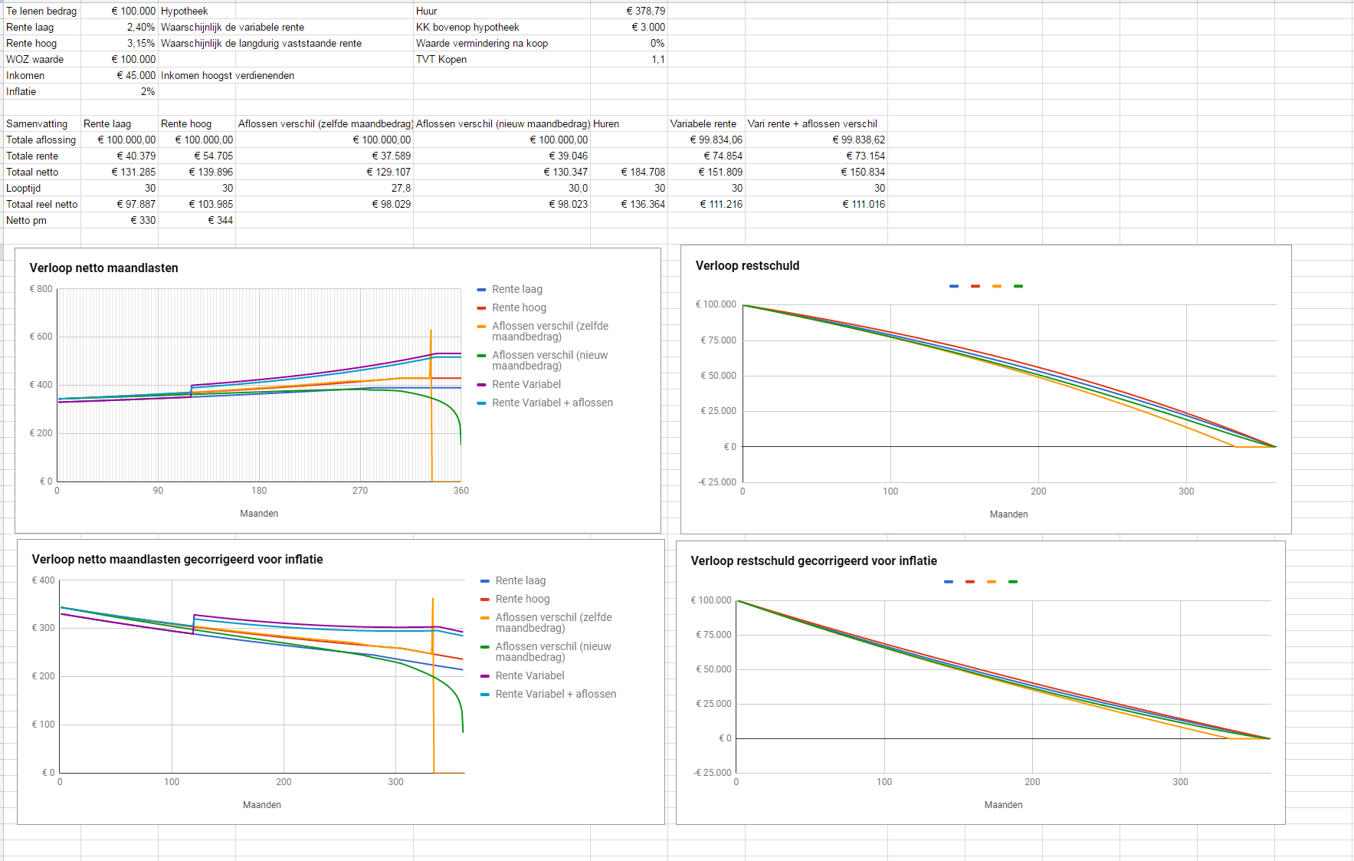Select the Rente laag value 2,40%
click(140, 27)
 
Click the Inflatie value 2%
click(147, 91)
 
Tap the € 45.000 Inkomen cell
click(136, 75)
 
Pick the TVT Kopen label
click(441, 59)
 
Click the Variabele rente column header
click(703, 123)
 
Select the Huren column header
click(606, 123)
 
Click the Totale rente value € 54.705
click(213, 156)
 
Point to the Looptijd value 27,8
click(401, 188)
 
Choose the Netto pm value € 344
click(220, 220)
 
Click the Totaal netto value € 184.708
click(643, 172)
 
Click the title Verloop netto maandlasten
click(103, 268)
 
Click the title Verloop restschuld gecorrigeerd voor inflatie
click(814, 560)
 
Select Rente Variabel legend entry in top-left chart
click(526, 384)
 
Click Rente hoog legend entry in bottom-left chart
click(522, 599)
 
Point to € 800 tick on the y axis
click(41, 289)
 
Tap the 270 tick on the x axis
click(359, 491)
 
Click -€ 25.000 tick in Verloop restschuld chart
click(717, 482)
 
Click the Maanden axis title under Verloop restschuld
click(1008, 514)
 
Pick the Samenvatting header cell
click(37, 123)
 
